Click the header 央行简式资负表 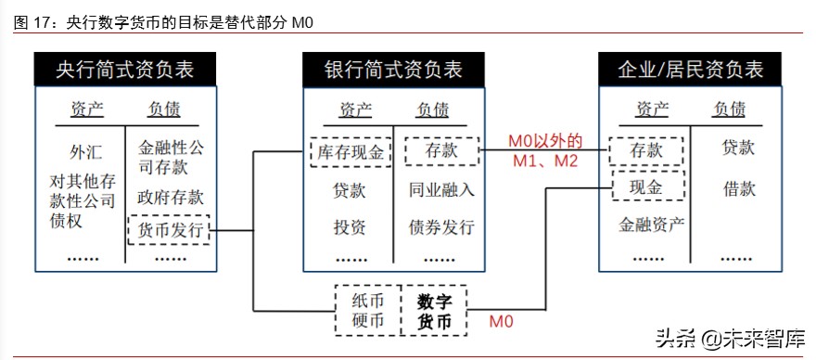(x=124, y=69)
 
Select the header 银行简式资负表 (x=392, y=69)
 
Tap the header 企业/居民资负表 (x=691, y=69)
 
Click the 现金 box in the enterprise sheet (x=647, y=188)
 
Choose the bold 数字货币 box (x=433, y=312)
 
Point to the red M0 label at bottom (x=501, y=322)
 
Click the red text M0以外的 (x=544, y=142)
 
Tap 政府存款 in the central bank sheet (x=170, y=198)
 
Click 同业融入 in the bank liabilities (x=441, y=191)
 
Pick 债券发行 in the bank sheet (x=441, y=227)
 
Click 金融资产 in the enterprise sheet (x=652, y=224)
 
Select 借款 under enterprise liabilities (x=739, y=188)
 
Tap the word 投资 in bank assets (x=349, y=227)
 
